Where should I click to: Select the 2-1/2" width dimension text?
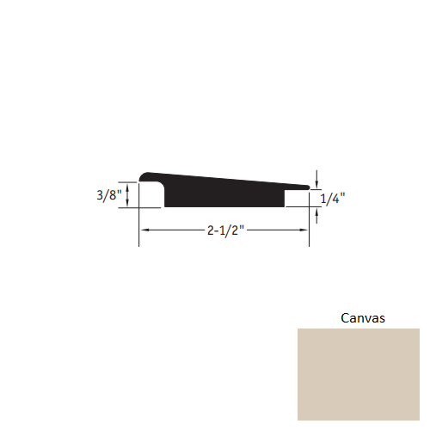[225, 230]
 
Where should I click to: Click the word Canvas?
[364, 317]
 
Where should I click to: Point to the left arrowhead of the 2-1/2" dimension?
[144, 230]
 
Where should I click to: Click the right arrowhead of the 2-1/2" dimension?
[305, 230]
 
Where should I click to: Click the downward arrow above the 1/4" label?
[318, 183]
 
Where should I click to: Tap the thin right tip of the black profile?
[306, 185]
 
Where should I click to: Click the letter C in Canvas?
[346, 317]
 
